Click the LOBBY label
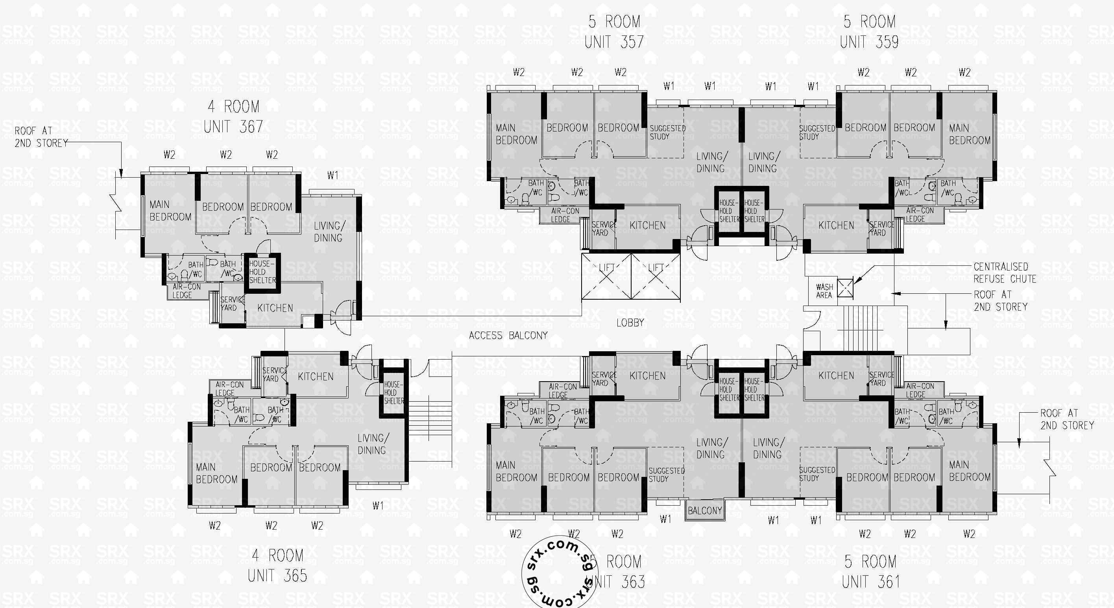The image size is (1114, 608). coord(630,323)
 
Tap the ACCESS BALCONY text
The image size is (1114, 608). coord(508,336)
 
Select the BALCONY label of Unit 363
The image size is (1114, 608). coord(705,511)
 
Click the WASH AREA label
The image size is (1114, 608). coord(824,291)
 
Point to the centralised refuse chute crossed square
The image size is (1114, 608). coord(845,288)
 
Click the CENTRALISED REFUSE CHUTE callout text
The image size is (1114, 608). coord(1005,272)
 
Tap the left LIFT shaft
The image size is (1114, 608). coord(606,276)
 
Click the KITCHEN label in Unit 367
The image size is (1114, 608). coord(275,308)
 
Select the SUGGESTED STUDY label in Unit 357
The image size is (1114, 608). coord(667,132)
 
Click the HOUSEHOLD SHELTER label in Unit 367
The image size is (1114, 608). coord(262,272)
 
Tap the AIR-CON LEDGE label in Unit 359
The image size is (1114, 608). coord(920,215)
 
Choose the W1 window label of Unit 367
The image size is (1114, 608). coord(333,175)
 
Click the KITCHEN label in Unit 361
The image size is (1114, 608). coord(836,376)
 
